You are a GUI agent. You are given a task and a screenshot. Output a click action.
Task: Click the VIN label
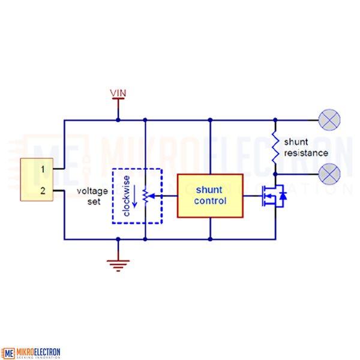point(118,93)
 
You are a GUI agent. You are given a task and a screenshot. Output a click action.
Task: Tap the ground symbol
point(118,266)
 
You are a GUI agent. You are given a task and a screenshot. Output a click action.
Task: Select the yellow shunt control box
point(210,196)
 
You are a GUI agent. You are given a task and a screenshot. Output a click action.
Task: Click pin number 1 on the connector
point(43,169)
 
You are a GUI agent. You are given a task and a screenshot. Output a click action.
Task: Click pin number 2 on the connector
point(43,191)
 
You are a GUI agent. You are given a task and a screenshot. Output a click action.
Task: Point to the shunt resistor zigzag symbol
point(275,148)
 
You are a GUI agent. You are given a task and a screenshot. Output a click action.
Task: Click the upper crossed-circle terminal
point(329,120)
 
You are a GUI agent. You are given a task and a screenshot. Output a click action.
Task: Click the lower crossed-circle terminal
point(329,174)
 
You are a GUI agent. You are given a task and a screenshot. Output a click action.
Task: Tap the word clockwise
point(127,196)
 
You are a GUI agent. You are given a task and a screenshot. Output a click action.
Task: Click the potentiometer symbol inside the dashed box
point(146,196)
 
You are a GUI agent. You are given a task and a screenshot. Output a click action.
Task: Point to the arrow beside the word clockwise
point(135,196)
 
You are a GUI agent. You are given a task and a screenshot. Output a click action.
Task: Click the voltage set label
point(92,196)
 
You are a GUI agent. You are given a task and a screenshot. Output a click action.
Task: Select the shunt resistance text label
point(306,148)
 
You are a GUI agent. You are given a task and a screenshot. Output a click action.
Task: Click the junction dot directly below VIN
point(118,120)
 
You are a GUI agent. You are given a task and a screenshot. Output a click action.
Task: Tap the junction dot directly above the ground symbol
point(118,239)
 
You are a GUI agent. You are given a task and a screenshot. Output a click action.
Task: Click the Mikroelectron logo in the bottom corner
point(31,353)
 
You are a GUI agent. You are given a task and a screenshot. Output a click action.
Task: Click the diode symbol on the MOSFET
point(283,196)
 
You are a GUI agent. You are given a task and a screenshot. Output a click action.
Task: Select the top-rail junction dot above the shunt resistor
point(275,120)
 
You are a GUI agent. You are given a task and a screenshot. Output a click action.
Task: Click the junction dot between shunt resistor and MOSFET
point(275,174)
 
